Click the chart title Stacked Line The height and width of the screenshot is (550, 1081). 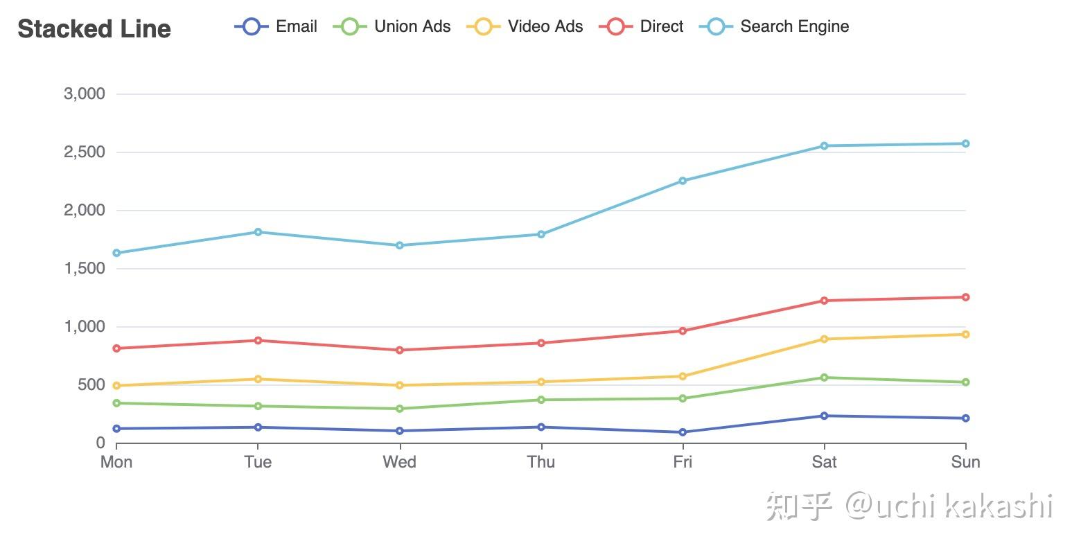click(94, 29)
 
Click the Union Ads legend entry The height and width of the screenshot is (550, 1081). click(392, 27)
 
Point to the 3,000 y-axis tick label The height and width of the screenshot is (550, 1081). click(85, 94)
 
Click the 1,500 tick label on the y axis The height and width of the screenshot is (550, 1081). click(85, 268)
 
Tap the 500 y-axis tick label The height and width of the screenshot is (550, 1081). click(90, 384)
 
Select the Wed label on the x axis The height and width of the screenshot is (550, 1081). click(399, 462)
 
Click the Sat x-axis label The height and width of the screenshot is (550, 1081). click(824, 462)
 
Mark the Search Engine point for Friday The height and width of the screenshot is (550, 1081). click(683, 181)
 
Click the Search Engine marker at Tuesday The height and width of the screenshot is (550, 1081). click(258, 232)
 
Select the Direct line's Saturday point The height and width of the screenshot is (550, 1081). click(824, 301)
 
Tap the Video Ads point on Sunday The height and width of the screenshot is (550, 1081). click(965, 335)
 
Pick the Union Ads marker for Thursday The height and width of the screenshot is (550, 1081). click(541, 400)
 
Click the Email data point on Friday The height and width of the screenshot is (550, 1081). click(683, 432)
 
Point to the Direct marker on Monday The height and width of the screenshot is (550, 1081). click(116, 348)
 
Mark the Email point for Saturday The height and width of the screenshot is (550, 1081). click(824, 416)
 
